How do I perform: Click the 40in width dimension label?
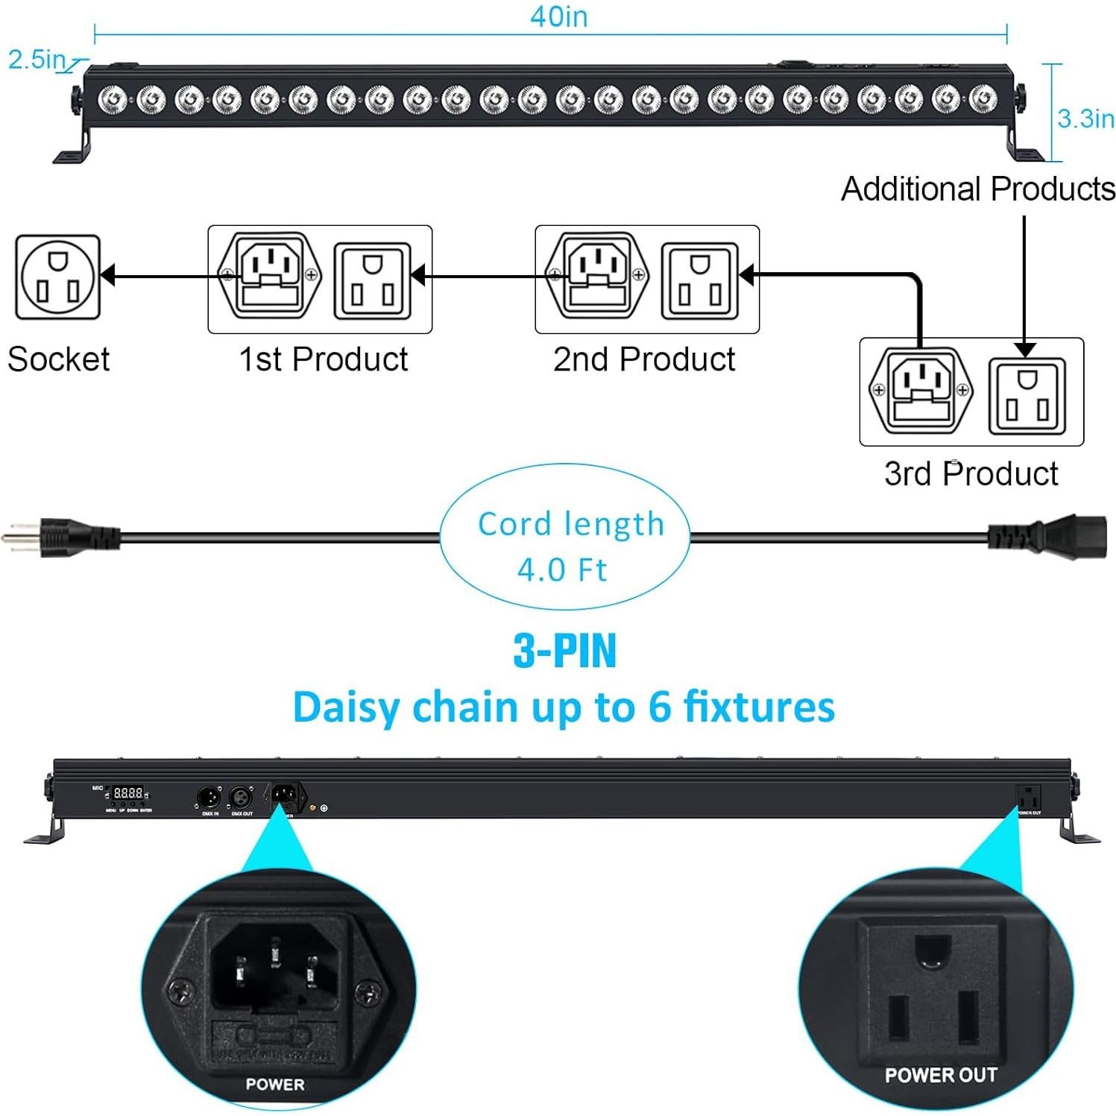(x=558, y=16)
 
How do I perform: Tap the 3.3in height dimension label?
(x=1085, y=119)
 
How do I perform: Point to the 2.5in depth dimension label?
(x=37, y=60)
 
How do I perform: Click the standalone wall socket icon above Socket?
(x=57, y=277)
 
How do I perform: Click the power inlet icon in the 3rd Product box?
(x=921, y=391)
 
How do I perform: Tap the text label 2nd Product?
(x=644, y=359)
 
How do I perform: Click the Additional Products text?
(x=978, y=189)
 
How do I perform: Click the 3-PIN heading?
(x=565, y=650)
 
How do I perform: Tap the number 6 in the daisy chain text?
(x=659, y=706)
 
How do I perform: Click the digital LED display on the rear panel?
(x=128, y=793)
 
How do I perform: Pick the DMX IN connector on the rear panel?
(x=208, y=797)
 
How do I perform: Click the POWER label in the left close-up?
(x=275, y=1084)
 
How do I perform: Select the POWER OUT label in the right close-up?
(x=941, y=1075)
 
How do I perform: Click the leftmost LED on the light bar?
(x=113, y=97)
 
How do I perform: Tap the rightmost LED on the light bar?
(x=983, y=97)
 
